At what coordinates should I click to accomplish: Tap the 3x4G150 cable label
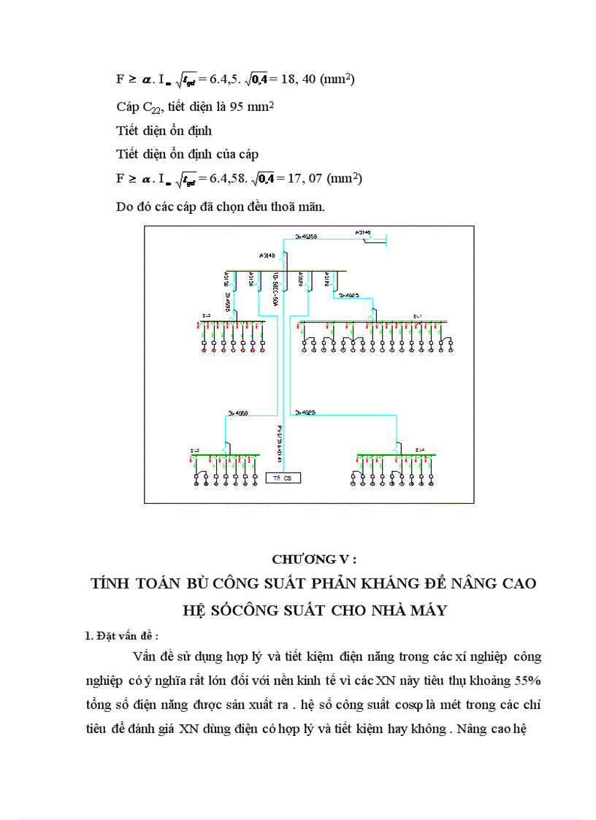tap(305, 237)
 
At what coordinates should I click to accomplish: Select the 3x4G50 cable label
tap(238, 413)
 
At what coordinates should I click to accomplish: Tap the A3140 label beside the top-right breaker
tap(363, 232)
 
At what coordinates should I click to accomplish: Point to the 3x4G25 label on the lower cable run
tap(305, 413)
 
